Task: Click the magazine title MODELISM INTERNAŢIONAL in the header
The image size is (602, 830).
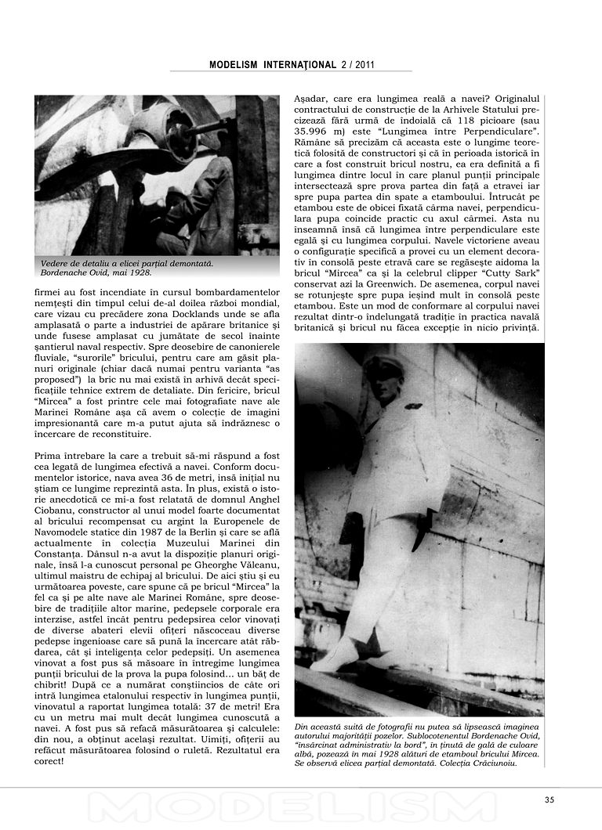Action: point(272,66)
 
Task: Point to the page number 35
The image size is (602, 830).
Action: point(549,799)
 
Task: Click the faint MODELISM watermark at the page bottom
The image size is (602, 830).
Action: point(301,810)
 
